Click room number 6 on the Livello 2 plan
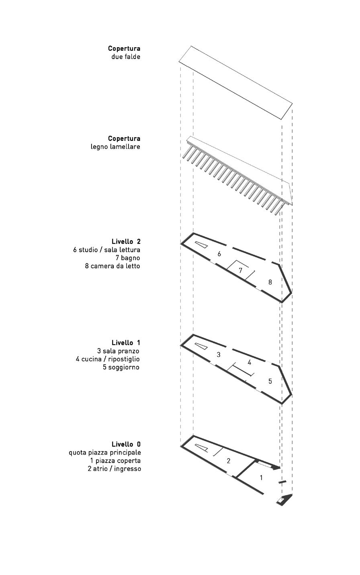[219, 254]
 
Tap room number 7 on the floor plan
[241, 271]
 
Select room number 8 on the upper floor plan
[270, 282]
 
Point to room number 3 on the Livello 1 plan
[219, 355]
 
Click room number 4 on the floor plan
[250, 363]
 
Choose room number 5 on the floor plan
[270, 381]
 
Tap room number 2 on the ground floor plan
[229, 461]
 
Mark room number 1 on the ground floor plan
[262, 478]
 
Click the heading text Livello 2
[126, 242]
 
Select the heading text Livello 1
[126, 343]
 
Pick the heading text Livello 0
[126, 444]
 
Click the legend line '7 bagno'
[128, 258]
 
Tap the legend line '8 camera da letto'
[112, 266]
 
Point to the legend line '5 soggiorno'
[121, 367]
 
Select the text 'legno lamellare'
[115, 147]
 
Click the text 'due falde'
[126, 57]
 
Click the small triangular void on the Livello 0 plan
[201, 448]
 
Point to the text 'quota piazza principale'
[105, 453]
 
